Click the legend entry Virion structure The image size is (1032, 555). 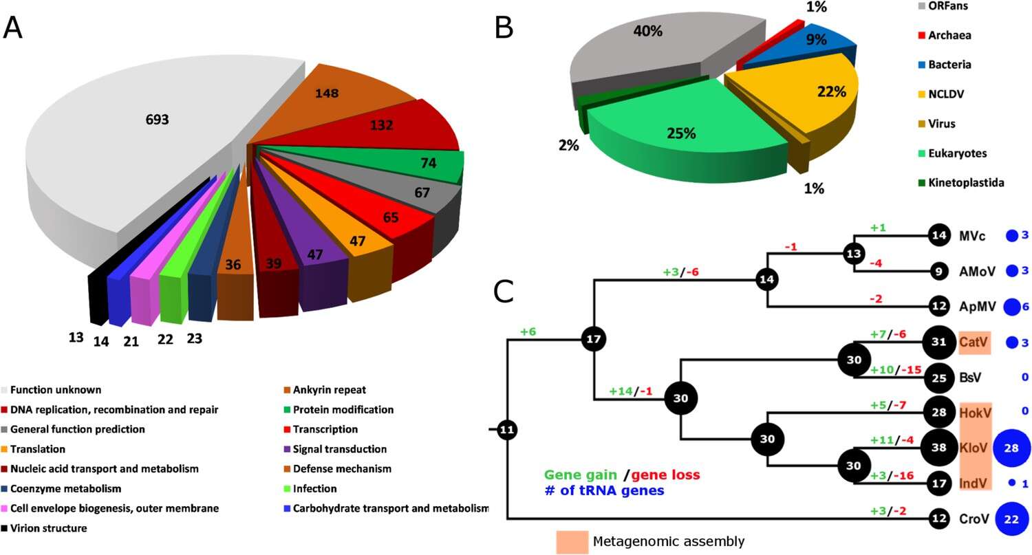click(47, 529)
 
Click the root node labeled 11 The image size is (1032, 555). click(507, 431)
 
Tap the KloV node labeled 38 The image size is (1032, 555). click(938, 447)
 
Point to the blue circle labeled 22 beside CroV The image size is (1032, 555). click(1011, 519)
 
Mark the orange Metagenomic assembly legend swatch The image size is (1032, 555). click(570, 541)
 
